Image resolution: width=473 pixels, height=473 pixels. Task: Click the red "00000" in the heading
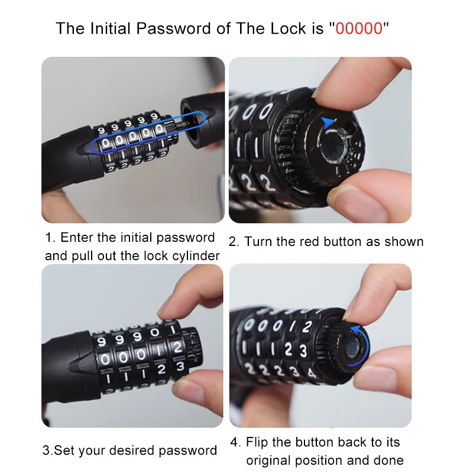pyautogui.click(x=359, y=28)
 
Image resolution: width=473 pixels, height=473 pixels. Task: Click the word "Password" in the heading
pyautogui.click(x=173, y=28)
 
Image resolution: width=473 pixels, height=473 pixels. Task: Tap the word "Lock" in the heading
pyautogui.click(x=288, y=28)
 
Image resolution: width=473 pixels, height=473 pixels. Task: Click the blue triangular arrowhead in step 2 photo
pyautogui.click(x=328, y=122)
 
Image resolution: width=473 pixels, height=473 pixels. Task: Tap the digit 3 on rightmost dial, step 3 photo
pyautogui.click(x=180, y=366)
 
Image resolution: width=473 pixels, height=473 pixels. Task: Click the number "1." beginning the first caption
pyautogui.click(x=50, y=238)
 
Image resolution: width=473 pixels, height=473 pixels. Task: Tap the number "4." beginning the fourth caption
pyautogui.click(x=235, y=442)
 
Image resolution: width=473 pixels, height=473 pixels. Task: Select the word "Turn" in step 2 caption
pyautogui.click(x=259, y=242)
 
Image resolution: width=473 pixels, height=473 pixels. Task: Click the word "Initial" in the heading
pyautogui.click(x=111, y=28)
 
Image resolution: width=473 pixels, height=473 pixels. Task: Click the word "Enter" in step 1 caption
pyautogui.click(x=77, y=238)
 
